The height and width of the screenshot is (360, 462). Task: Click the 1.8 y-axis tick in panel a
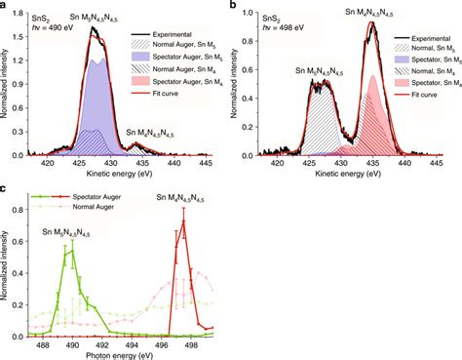pos(22,12)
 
